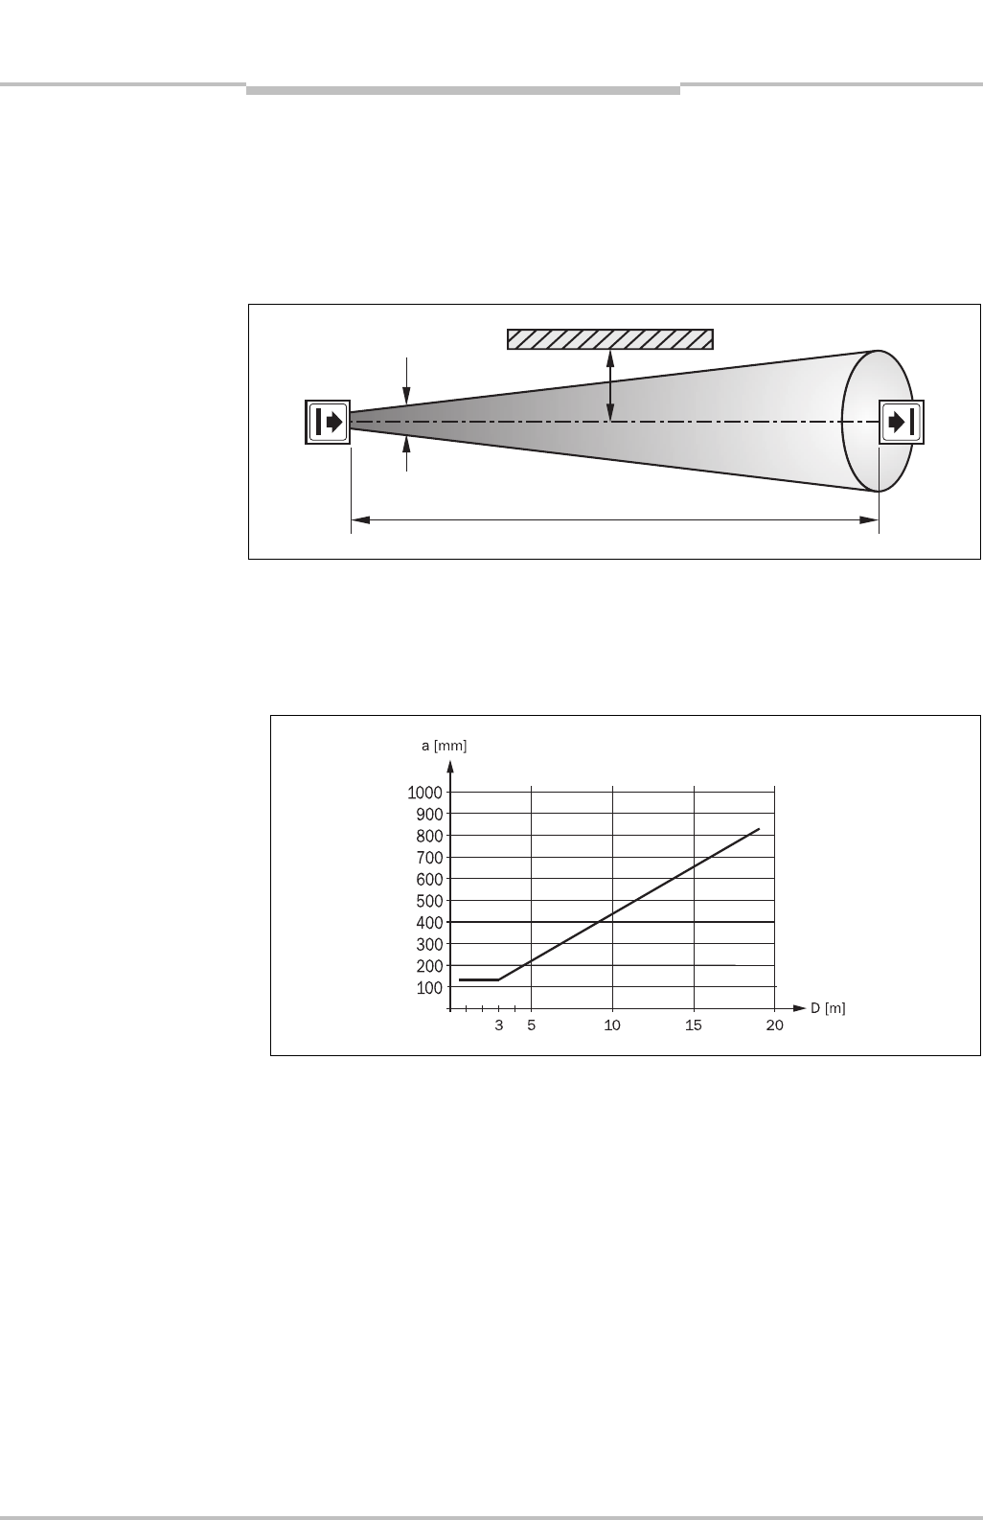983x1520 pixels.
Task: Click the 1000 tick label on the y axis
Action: [x=424, y=793]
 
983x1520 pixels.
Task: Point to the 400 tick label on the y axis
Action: [x=429, y=923]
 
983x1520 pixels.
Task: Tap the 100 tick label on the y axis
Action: [x=429, y=988]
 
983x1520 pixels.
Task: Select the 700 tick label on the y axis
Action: [x=429, y=858]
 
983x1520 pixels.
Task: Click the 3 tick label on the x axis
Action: [x=499, y=1025]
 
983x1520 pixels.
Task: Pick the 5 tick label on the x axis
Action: [x=531, y=1025]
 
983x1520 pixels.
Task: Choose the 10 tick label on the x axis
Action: [x=612, y=1025]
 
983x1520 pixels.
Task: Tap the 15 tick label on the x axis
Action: [x=694, y=1025]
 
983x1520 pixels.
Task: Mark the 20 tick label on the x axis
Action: [x=775, y=1025]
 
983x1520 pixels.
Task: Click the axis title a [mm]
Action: [x=444, y=746]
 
